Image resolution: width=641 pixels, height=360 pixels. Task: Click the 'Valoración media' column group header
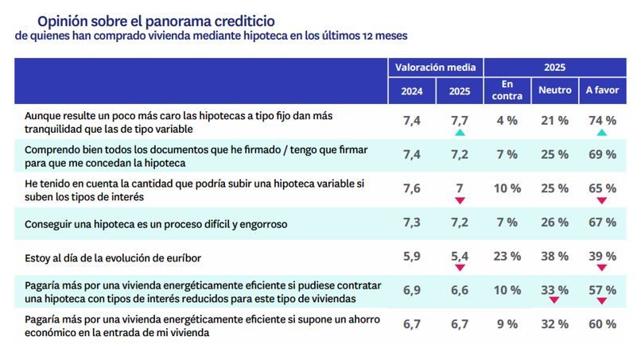tap(435, 68)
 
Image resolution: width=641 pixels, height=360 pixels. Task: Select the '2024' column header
tap(411, 91)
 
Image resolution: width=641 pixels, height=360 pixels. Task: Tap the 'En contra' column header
tap(507, 91)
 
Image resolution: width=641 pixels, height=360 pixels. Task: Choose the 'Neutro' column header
tap(554, 91)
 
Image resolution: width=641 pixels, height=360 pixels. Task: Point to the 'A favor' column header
tap(601, 91)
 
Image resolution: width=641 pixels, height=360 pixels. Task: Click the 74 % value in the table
tap(601, 121)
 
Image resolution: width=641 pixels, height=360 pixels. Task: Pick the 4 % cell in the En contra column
tap(507, 121)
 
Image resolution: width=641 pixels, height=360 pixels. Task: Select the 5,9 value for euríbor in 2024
tap(411, 256)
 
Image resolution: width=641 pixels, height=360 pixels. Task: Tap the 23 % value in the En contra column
tap(507, 256)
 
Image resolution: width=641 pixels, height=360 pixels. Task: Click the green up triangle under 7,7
tap(459, 133)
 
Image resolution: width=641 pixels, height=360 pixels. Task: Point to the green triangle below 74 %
tap(601, 133)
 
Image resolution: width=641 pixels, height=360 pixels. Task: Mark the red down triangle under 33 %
tap(554, 301)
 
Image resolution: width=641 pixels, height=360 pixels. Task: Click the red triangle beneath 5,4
tap(459, 268)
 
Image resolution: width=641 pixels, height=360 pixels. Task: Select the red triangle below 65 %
tap(601, 200)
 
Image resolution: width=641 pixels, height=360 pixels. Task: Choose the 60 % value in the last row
tap(601, 323)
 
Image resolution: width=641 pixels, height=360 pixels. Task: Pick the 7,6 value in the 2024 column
tap(411, 188)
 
